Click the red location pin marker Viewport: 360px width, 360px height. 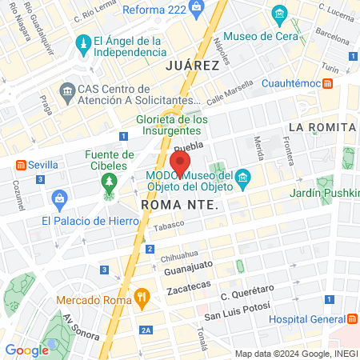(x=180, y=162)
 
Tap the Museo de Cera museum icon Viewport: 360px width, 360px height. (x=279, y=14)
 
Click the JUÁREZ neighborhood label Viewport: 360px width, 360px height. (x=191, y=65)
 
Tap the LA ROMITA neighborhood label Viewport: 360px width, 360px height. (x=322, y=127)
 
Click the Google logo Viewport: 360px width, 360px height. (x=26, y=350)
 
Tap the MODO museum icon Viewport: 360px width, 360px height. (x=243, y=178)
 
